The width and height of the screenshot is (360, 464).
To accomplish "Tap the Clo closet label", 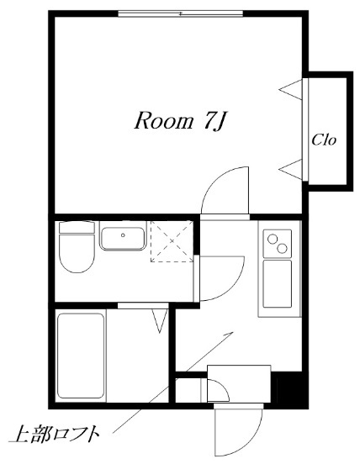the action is click(324, 140).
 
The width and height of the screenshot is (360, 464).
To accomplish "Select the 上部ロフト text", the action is click(54, 435).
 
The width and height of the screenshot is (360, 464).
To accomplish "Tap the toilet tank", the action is click(77, 227).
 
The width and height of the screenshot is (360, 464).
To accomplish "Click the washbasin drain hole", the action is click(123, 235).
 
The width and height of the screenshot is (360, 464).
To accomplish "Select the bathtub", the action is click(82, 356).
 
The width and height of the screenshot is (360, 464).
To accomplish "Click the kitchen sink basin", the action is click(278, 283).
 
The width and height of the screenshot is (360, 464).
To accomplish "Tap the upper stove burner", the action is click(271, 238).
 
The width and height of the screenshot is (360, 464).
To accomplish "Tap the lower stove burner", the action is click(282, 248).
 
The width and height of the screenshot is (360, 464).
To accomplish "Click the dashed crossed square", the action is click(172, 241).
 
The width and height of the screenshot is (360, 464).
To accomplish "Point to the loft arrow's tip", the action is click(233, 332).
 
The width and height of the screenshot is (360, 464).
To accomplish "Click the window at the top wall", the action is click(180, 13).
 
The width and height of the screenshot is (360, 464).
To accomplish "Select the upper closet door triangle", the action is click(291, 89).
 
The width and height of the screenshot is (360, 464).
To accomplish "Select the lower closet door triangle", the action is click(291, 169).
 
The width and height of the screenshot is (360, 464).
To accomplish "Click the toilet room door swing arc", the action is click(234, 286).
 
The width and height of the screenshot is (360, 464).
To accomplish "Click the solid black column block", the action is click(289, 388).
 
